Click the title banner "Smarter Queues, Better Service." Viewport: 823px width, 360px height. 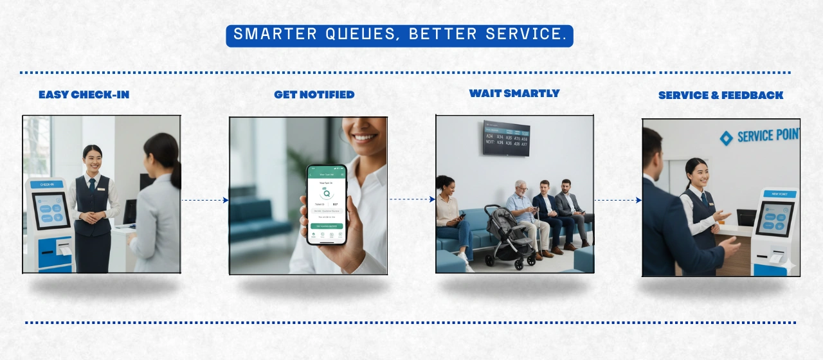(399, 35)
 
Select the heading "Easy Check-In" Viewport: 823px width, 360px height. (84, 95)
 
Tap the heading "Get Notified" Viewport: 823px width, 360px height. (314, 95)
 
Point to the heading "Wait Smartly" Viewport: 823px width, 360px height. (514, 94)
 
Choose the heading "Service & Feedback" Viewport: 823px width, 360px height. (720, 96)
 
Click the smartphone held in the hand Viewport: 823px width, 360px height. (327, 204)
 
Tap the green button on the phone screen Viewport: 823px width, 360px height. (327, 226)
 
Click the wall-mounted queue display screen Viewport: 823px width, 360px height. (507, 138)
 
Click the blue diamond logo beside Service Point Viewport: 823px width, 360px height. (726, 138)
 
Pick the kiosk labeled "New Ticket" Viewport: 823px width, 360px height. (775, 228)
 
